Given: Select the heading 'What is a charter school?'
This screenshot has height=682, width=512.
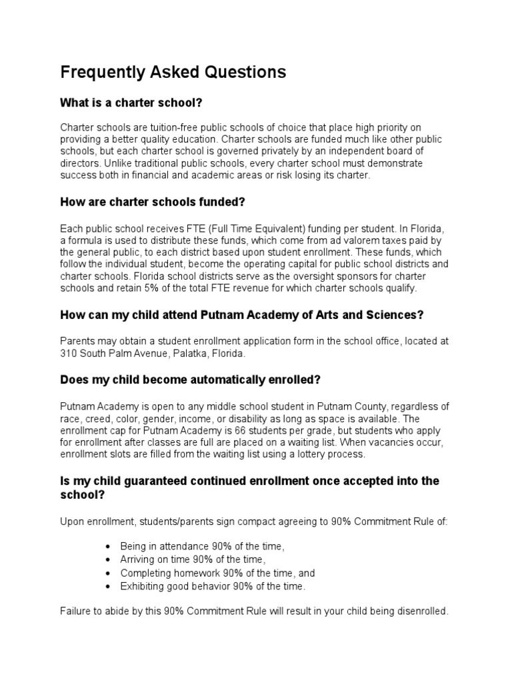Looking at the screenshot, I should point(131,103).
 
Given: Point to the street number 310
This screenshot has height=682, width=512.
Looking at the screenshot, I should point(69,354).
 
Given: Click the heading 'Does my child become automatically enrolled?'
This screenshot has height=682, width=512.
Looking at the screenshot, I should point(191,379).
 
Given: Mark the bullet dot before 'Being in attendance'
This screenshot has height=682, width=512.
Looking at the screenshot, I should point(109,546).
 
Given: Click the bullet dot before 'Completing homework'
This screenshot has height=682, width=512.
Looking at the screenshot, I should point(109,573).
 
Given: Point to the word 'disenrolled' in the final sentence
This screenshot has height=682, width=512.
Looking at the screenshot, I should point(421,611).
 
